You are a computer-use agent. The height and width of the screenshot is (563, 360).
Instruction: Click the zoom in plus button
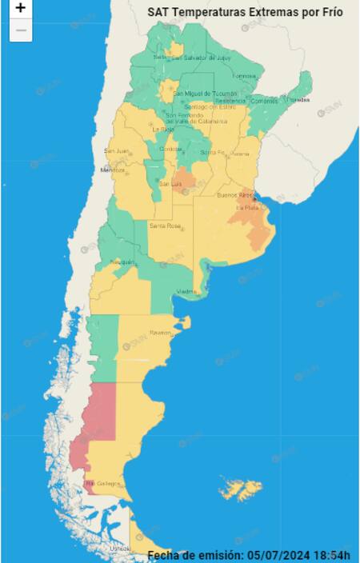point(21,9)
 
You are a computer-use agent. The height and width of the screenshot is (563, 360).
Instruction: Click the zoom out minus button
point(21,30)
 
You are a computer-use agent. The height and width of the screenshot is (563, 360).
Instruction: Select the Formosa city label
point(243,76)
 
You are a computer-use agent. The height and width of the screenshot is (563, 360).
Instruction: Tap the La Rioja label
point(163,128)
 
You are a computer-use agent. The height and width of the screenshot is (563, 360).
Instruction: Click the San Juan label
point(116,150)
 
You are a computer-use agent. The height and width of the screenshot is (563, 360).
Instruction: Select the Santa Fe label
point(212,152)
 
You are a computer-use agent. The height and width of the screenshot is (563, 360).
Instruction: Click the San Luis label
point(170,184)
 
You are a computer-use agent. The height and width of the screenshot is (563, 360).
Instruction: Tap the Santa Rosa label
point(164,226)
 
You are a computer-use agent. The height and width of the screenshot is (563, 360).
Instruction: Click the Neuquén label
point(122,262)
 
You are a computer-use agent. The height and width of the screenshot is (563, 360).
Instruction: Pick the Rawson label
point(159,331)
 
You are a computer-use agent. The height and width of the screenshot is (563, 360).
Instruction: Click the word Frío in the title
point(328,13)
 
